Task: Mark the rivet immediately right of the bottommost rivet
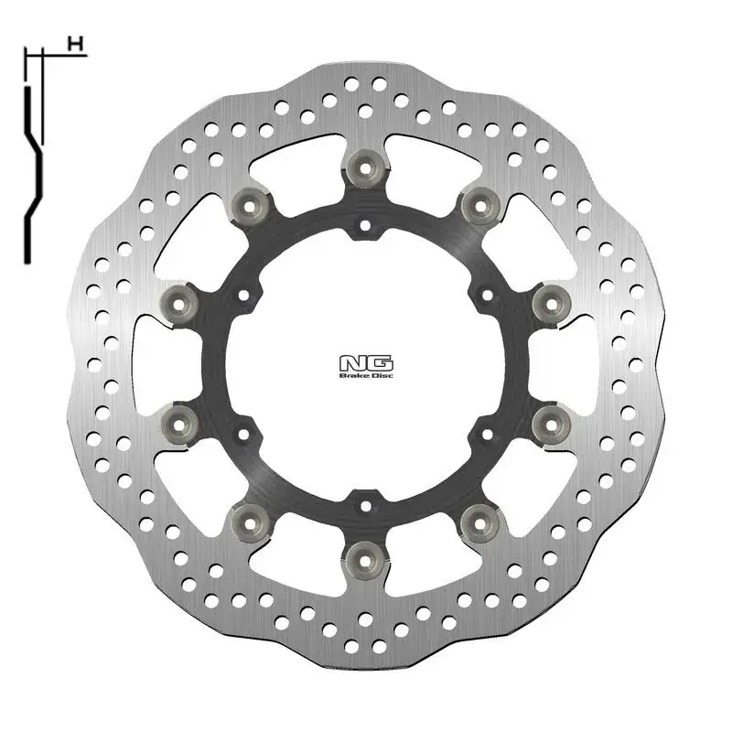point(477,519)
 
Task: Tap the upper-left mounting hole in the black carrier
point(242,294)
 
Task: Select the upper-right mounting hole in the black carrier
point(485,294)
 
